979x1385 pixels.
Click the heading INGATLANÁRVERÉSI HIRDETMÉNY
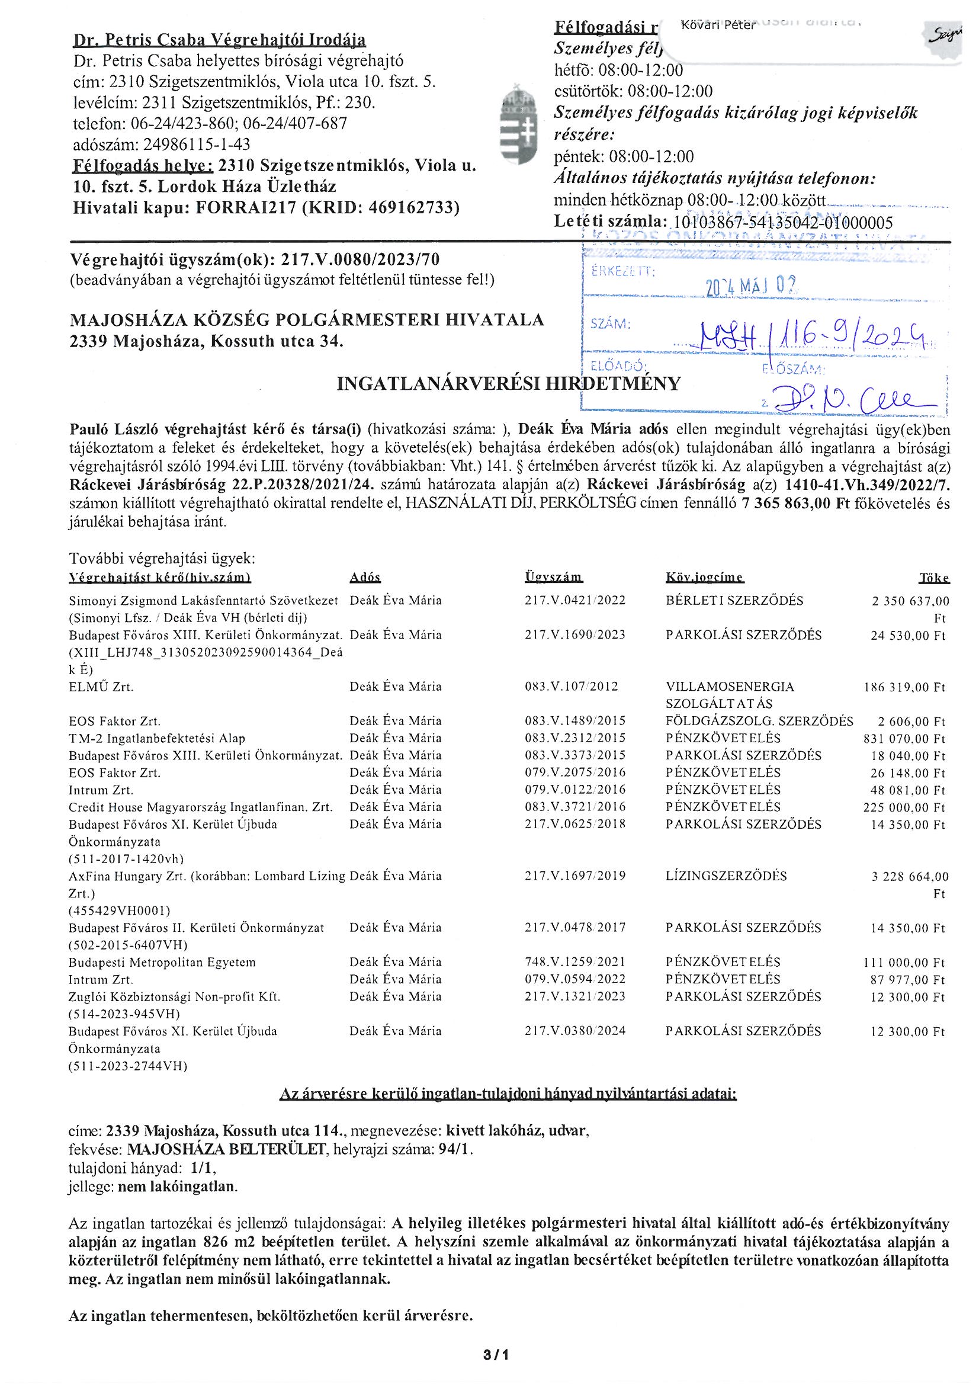pos(508,384)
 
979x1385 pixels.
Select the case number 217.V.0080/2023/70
pos(358,260)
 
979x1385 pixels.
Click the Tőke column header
pos(934,578)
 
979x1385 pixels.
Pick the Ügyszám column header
pos(554,578)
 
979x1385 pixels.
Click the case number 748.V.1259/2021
pos(575,961)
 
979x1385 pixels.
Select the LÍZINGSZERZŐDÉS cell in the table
pos(726,876)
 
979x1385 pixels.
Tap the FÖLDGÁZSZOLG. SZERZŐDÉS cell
pos(759,721)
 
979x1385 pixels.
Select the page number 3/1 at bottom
pos(496,1355)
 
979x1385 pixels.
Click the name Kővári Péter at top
pos(717,25)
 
